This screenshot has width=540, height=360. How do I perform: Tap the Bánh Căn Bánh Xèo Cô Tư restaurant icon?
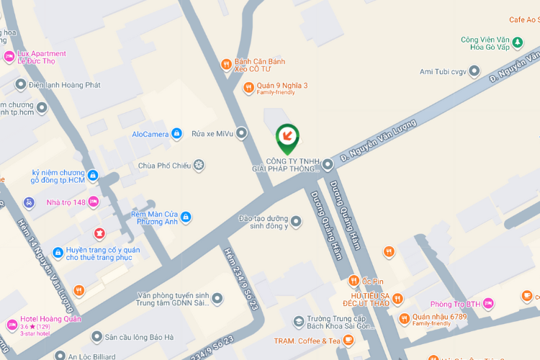(226, 64)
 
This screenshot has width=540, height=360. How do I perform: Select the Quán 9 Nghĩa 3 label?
(282, 86)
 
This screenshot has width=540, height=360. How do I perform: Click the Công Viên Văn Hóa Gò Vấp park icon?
(517, 42)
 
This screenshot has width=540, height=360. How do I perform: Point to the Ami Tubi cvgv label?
(444, 71)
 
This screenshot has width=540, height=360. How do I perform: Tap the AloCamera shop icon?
(176, 134)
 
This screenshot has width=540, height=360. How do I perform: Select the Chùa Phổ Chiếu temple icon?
(199, 166)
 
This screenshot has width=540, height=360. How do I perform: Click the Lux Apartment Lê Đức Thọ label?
(41, 57)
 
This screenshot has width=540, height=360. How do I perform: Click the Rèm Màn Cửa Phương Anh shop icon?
(186, 217)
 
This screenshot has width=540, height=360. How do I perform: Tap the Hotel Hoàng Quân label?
(50, 319)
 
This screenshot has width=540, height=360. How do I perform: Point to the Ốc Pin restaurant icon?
(354, 280)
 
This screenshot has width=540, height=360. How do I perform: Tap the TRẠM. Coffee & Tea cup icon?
(348, 341)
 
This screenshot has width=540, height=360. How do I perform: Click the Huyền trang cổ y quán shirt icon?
(99, 233)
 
